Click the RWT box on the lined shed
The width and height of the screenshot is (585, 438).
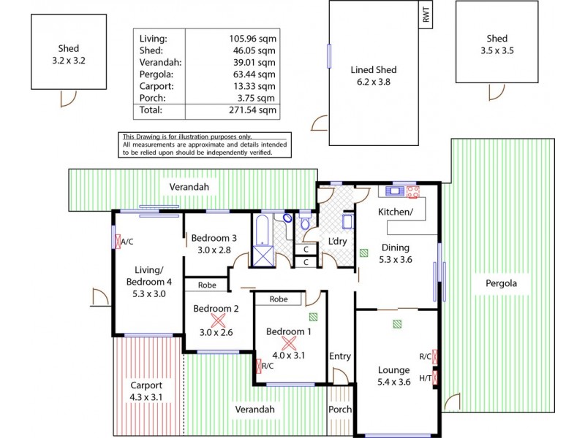[426, 15]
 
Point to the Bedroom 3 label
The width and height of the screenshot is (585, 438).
[214, 238]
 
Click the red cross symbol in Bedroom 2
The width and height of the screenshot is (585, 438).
[217, 320]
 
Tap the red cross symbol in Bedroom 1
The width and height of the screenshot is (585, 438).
[289, 342]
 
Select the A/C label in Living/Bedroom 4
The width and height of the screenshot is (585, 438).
[127, 242]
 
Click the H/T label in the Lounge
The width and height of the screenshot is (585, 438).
[425, 377]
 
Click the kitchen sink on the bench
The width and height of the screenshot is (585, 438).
[396, 192]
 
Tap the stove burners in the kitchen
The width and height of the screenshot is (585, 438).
[414, 192]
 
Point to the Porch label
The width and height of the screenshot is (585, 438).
[339, 410]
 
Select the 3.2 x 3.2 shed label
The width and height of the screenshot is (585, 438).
[58, 55]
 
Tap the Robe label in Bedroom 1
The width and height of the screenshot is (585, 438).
[278, 299]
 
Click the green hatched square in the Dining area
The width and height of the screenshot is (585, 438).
[363, 253]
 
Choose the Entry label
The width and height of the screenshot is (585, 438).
[340, 356]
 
